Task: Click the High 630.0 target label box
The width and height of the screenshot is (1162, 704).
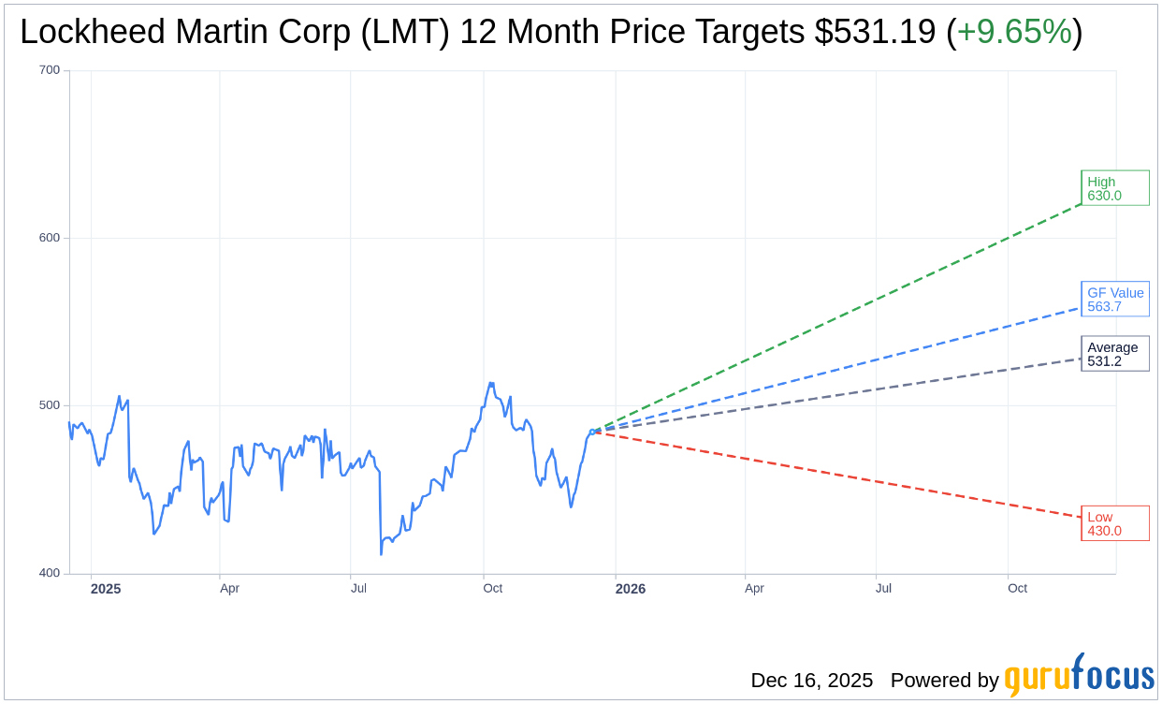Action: [x=1114, y=188]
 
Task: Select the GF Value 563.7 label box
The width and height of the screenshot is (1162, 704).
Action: [x=1114, y=300]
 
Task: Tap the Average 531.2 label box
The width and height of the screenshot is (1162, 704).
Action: [x=1114, y=354]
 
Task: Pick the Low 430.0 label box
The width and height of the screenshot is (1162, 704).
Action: [x=1114, y=523]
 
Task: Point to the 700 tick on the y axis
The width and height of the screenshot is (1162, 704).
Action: [x=50, y=70]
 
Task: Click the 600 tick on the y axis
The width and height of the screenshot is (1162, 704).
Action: [x=50, y=238]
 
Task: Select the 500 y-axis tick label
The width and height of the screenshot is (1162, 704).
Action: [x=50, y=405]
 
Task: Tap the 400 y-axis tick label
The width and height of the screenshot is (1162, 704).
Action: [x=50, y=573]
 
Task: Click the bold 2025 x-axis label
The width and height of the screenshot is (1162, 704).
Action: [x=105, y=589]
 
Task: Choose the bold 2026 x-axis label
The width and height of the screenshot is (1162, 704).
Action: [x=630, y=589]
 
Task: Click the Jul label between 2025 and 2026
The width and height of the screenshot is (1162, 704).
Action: [x=358, y=588]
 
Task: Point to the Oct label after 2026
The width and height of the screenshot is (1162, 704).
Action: [x=1017, y=588]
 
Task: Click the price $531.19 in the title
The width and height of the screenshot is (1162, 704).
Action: [x=875, y=33]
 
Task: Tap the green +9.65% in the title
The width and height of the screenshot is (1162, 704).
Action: [x=1014, y=33]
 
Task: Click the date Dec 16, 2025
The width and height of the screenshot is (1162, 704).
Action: [x=811, y=680]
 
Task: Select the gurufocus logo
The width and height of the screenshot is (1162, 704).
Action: [x=1079, y=676]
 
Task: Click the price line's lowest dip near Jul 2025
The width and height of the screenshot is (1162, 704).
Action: [x=381, y=554]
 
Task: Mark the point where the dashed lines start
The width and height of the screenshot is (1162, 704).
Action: [x=592, y=432]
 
